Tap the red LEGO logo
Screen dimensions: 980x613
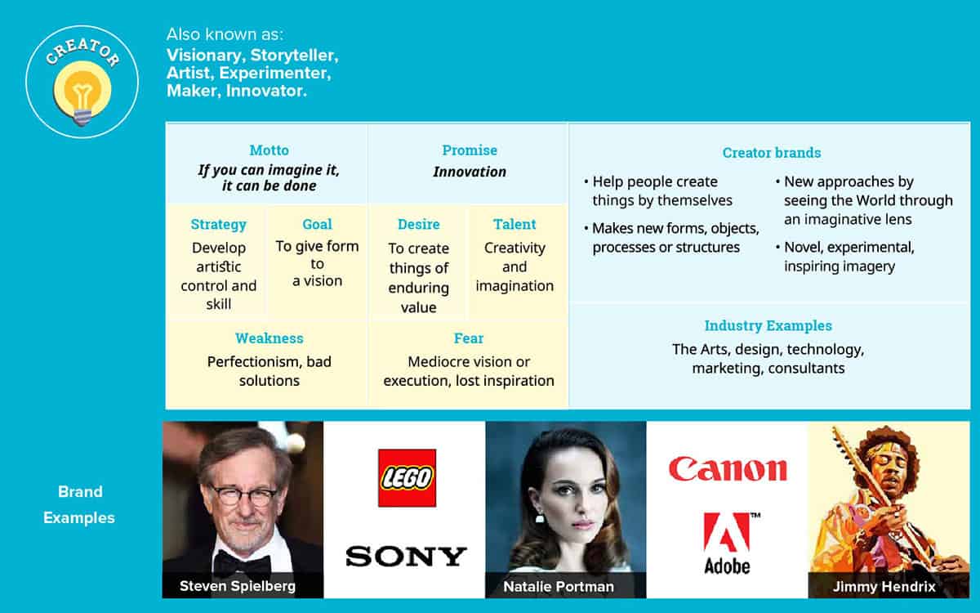[x=407, y=477]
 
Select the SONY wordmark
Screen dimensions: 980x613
[x=406, y=557]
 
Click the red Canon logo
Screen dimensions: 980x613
[x=728, y=469]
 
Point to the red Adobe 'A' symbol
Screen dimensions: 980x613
[x=727, y=531]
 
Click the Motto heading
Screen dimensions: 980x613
[x=269, y=150]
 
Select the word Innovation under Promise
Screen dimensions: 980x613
[x=470, y=172]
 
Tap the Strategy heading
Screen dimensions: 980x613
[x=218, y=225]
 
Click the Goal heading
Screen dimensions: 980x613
[x=317, y=224]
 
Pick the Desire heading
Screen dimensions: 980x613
[x=419, y=224]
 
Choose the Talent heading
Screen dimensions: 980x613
[x=514, y=224]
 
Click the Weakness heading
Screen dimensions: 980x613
[x=269, y=338]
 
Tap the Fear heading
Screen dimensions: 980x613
[x=469, y=338]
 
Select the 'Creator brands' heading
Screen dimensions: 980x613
[x=771, y=153]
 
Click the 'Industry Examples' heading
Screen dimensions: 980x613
[x=768, y=326]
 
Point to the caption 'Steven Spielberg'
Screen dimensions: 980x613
[x=238, y=586]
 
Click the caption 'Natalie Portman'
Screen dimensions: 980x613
[x=559, y=586]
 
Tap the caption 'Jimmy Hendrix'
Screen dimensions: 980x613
[x=884, y=586]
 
